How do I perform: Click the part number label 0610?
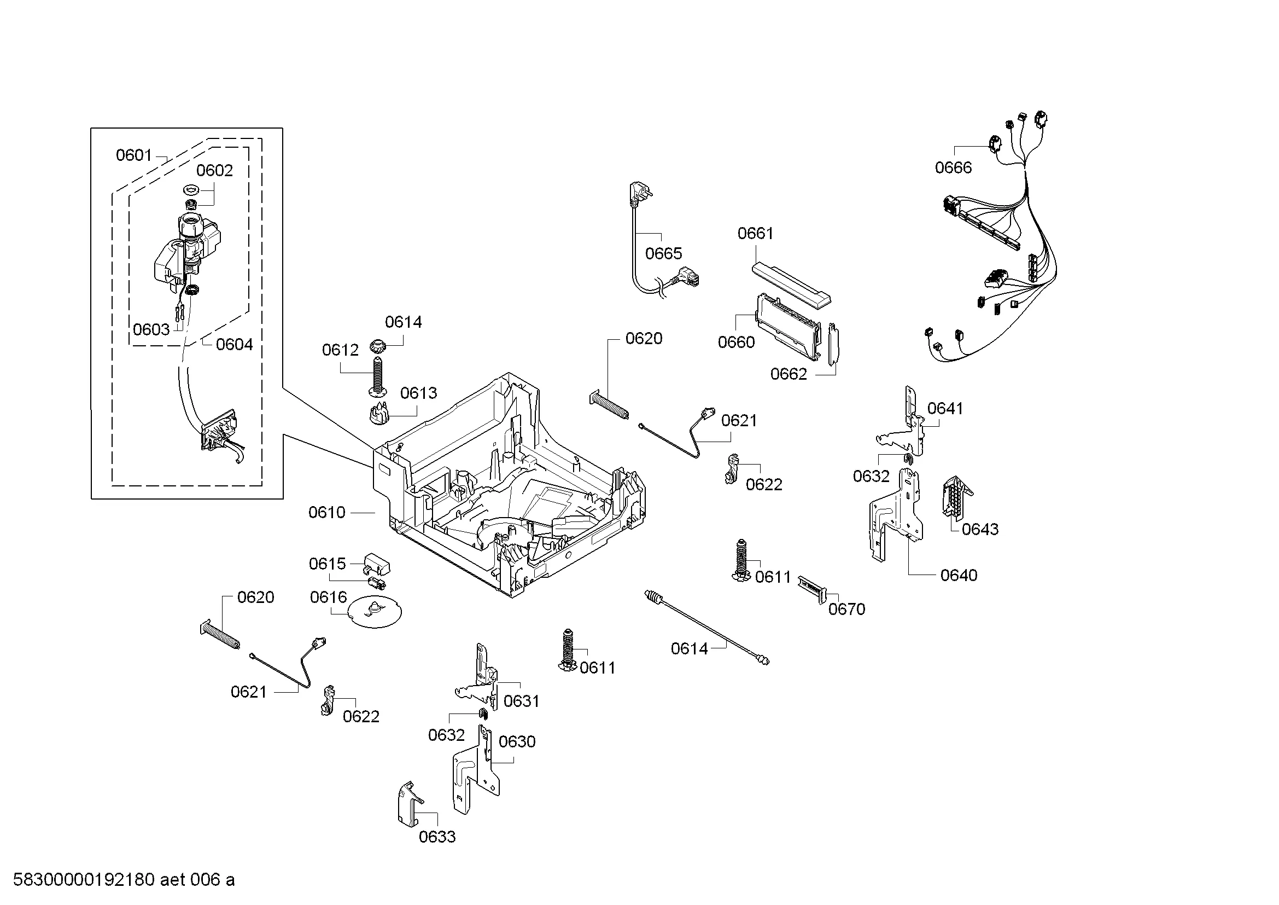point(327,512)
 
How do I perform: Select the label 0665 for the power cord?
point(663,253)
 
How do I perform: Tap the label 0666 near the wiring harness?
point(953,167)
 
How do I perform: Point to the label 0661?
point(755,233)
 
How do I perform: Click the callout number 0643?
point(980,529)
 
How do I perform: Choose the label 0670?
point(846,609)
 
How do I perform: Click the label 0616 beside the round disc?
point(328,597)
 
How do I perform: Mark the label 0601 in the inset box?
point(133,155)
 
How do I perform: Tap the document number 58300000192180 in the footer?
point(84,880)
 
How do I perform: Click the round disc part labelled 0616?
point(374,612)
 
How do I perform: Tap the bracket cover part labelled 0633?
point(410,803)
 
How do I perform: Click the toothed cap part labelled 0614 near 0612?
point(378,346)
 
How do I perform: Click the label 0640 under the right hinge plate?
point(959,575)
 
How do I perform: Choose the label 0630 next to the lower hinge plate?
point(517,741)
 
